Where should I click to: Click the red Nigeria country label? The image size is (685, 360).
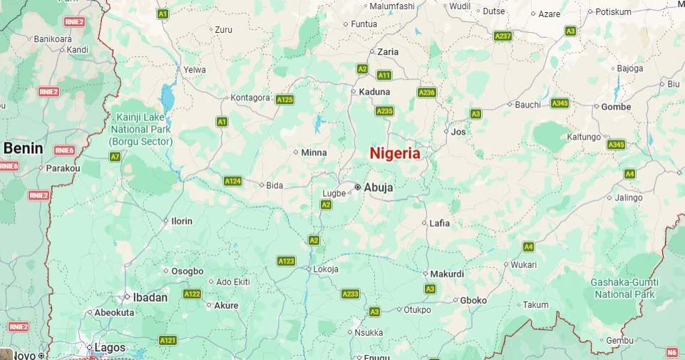(394, 153)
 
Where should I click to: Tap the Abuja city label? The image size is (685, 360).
(378, 187)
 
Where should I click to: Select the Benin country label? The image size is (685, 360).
(24, 148)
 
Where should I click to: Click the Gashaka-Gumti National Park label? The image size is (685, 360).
(624, 288)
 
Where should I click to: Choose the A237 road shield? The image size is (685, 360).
(503, 36)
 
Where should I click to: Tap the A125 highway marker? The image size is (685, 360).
(284, 100)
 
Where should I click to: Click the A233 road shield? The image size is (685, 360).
(350, 294)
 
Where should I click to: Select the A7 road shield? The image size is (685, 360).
(115, 156)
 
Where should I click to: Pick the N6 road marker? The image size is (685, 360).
(671, 352)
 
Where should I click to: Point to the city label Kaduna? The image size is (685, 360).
(375, 92)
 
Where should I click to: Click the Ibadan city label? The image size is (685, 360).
(150, 297)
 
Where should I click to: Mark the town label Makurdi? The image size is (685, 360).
(448, 274)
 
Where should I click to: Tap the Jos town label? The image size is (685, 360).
(458, 132)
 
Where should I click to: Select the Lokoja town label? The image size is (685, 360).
(326, 269)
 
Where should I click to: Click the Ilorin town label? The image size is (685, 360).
(182, 221)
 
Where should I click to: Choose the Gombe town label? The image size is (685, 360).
(616, 107)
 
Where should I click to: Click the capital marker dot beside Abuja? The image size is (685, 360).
(357, 187)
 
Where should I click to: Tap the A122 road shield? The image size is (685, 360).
(192, 294)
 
